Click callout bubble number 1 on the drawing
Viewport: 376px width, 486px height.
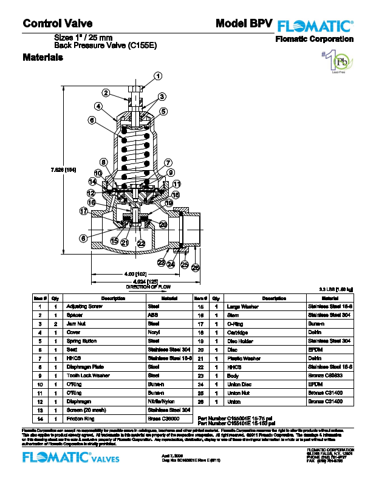[x=157, y=76]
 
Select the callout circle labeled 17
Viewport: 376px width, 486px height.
[x=84, y=211]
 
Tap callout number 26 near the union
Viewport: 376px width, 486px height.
[x=195, y=268]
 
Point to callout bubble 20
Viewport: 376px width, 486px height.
[x=163, y=224]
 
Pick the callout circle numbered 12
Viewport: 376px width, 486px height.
[x=91, y=193]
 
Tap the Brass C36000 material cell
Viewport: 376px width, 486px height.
[x=163, y=419]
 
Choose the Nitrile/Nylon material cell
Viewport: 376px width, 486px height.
[x=162, y=402]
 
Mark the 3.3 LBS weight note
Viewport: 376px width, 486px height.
[x=336, y=290]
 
